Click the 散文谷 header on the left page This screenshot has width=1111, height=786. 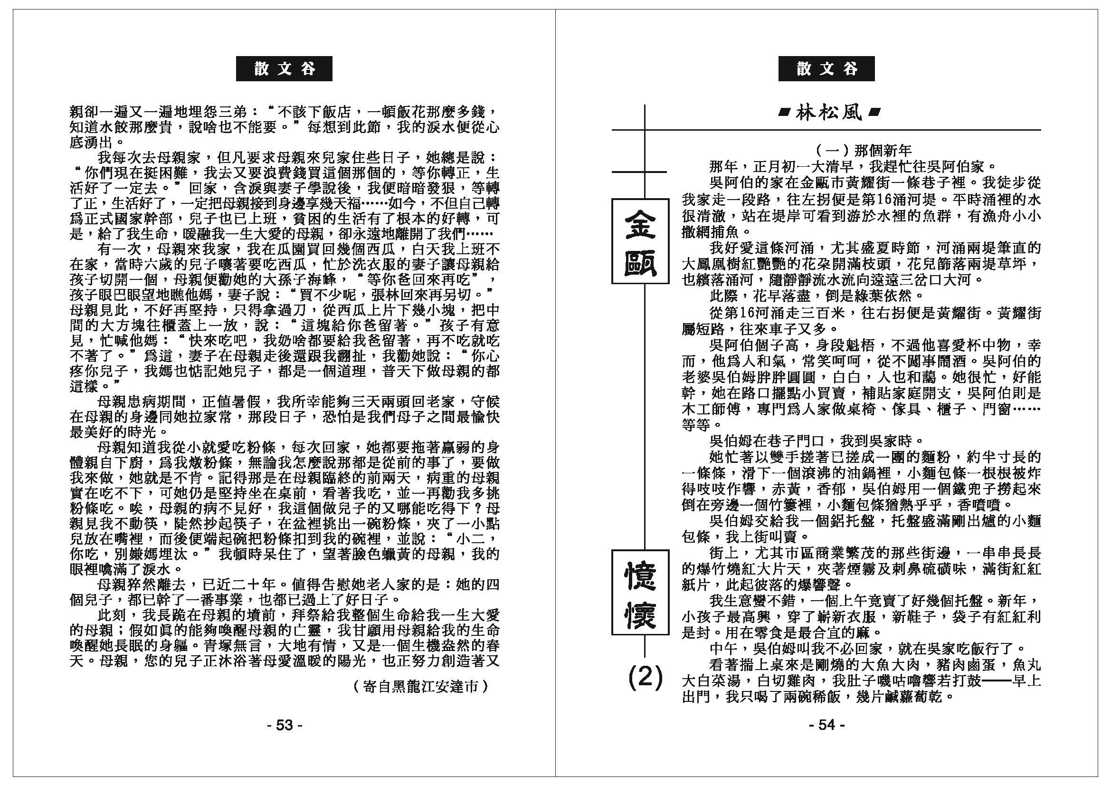click(284, 69)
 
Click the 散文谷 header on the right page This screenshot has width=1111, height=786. click(826, 69)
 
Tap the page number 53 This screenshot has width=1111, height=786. click(285, 725)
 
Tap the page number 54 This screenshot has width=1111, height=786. click(826, 725)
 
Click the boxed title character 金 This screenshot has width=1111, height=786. click(640, 224)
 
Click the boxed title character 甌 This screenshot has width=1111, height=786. click(640, 261)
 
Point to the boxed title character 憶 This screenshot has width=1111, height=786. click(640, 575)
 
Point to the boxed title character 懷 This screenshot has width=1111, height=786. click(640, 613)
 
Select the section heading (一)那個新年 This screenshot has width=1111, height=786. click(857, 151)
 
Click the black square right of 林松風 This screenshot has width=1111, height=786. click(874, 113)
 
